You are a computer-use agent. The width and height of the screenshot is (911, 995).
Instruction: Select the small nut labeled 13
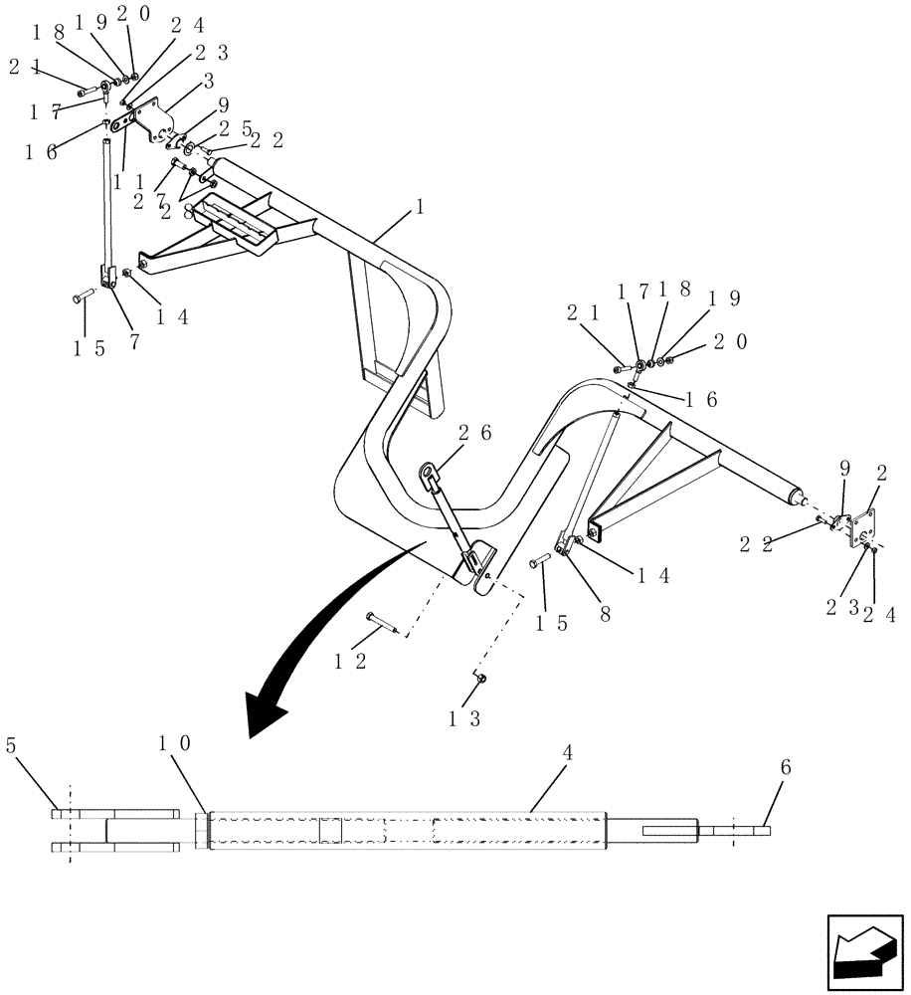click(x=479, y=679)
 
